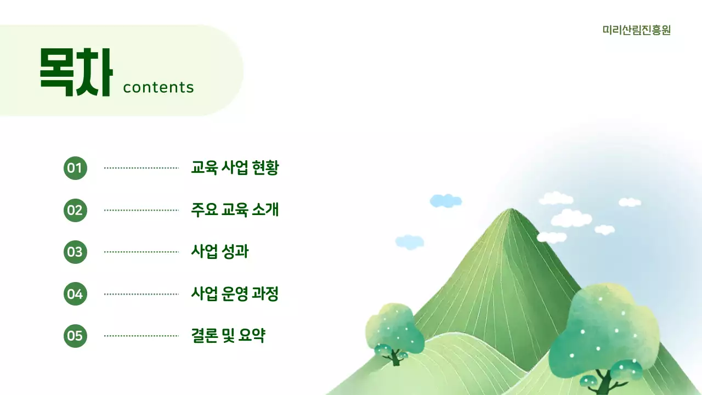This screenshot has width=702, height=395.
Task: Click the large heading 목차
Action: (76, 72)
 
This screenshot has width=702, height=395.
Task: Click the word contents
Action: (158, 87)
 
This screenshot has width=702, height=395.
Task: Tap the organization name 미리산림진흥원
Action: (636, 30)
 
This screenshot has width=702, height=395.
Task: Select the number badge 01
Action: (75, 168)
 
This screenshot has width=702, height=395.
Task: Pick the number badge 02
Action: (75, 210)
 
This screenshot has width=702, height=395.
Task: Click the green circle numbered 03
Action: (75, 252)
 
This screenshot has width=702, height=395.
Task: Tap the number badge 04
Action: (75, 294)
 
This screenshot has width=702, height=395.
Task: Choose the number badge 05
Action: (75, 336)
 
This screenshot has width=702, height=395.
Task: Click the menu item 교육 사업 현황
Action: (235, 168)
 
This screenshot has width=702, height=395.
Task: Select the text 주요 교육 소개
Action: (235, 210)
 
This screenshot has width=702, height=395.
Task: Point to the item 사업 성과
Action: (219, 252)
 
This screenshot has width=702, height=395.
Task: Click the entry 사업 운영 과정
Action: (235, 294)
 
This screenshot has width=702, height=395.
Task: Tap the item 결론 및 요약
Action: (228, 336)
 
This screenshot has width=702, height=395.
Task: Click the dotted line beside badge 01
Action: (141, 168)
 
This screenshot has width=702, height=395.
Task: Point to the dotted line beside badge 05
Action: (141, 336)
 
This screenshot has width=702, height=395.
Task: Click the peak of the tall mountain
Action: (511, 211)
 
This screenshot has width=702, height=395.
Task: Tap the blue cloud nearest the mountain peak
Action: (445, 201)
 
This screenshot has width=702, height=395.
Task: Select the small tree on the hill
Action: (394, 332)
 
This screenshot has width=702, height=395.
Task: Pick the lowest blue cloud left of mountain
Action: (410, 241)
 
